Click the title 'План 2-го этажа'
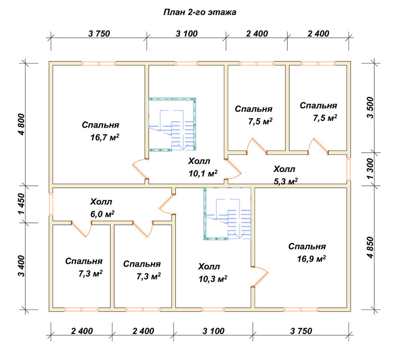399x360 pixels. [200, 12]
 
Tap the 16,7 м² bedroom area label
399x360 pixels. [105, 138]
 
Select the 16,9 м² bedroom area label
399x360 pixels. [312, 259]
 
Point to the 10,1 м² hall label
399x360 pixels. [203, 173]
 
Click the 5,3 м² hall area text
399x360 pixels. [286, 181]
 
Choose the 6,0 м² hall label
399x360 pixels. [102, 214]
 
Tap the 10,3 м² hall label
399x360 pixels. [213, 279]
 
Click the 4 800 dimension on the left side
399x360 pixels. [22, 124]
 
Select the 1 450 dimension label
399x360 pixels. [22, 204]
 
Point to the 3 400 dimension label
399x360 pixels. [22, 266]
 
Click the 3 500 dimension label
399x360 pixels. [370, 108]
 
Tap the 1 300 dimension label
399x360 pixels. [370, 169]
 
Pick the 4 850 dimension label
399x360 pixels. [370, 247]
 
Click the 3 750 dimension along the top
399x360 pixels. [99, 33]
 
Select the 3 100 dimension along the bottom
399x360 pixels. [213, 331]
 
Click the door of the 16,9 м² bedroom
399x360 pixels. [260, 277]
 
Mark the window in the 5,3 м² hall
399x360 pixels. [348, 169]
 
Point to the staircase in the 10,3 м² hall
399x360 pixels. [227, 214]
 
